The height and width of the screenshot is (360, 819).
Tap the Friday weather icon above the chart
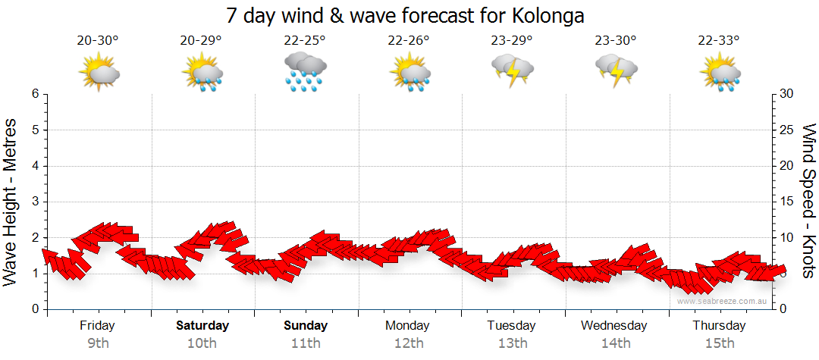pyautogui.click(x=99, y=74)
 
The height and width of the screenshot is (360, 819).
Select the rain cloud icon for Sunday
pyautogui.click(x=306, y=73)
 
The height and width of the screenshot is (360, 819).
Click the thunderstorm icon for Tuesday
pyautogui.click(x=512, y=70)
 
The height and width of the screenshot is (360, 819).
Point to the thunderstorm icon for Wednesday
pyautogui.click(x=616, y=70)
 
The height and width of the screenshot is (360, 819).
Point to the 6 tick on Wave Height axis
pyautogui.click(x=35, y=94)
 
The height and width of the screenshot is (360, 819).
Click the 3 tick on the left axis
pyautogui.click(x=35, y=202)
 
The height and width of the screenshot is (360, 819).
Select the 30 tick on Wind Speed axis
pyautogui.click(x=788, y=94)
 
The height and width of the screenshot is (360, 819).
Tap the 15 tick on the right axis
pyautogui.click(x=788, y=202)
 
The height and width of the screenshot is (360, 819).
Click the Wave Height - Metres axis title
pyautogui.click(x=12, y=202)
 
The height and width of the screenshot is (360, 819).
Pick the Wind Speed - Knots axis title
pyautogui.click(x=808, y=202)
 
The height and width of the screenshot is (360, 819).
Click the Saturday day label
pyautogui.click(x=202, y=326)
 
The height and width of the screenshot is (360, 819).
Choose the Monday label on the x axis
pyautogui.click(x=409, y=326)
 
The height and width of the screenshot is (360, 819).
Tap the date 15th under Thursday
pyautogui.click(x=720, y=343)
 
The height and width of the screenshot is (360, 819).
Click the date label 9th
pyautogui.click(x=99, y=343)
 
